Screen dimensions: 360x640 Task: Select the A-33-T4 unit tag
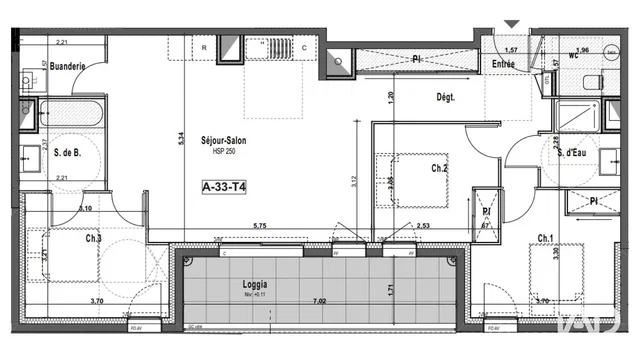pyautogui.click(x=224, y=185)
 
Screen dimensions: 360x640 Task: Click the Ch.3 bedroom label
pyautogui.click(x=93, y=239)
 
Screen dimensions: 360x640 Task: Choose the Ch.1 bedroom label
pyautogui.click(x=545, y=238)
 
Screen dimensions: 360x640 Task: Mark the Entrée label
pyautogui.click(x=502, y=64)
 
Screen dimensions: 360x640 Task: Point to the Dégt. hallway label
pyautogui.click(x=445, y=98)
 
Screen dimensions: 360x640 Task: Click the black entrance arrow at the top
pyautogui.click(x=513, y=22)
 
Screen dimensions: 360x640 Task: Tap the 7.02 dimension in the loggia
pyautogui.click(x=320, y=300)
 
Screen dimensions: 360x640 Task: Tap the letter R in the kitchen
pyautogui.click(x=204, y=47)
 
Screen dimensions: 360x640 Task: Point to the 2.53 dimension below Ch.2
pyautogui.click(x=423, y=226)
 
